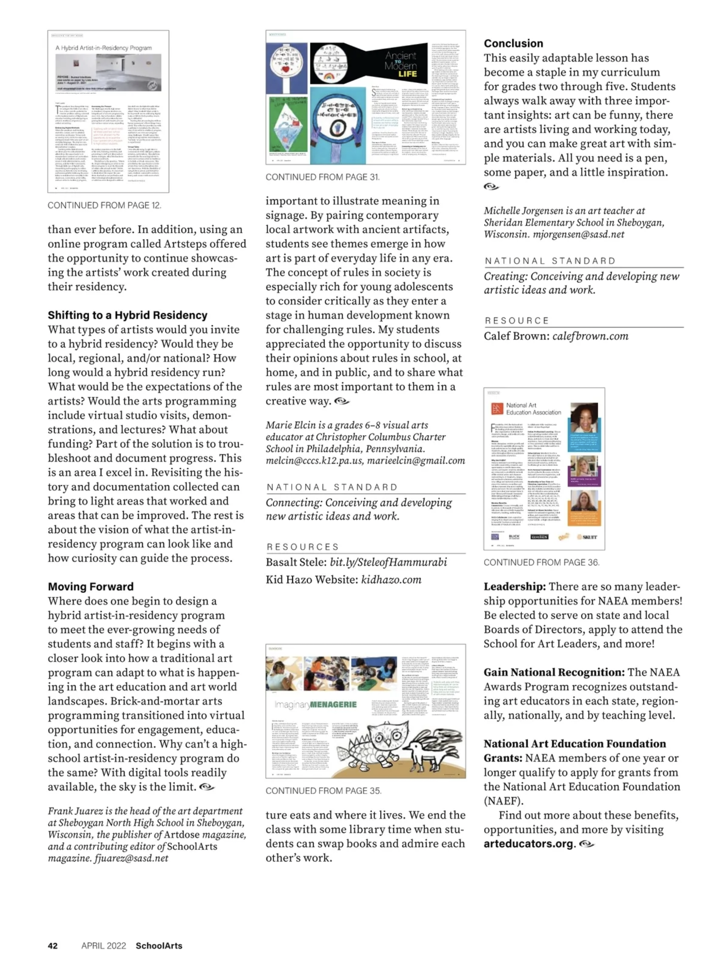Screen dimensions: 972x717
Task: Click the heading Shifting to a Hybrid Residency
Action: [127, 315]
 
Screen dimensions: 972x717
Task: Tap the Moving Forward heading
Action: [91, 587]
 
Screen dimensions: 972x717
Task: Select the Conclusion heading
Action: [513, 44]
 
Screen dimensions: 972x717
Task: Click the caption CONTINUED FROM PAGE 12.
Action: [104, 205]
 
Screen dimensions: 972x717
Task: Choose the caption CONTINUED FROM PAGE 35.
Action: [323, 791]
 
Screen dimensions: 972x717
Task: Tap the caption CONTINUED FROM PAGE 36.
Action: [541, 562]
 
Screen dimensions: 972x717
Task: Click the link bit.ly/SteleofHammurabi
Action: [389, 562]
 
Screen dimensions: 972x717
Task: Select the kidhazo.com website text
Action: [391, 580]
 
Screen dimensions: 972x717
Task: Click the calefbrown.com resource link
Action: [590, 336]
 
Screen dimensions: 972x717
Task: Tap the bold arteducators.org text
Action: [530, 844]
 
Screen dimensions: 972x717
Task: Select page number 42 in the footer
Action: [52, 945]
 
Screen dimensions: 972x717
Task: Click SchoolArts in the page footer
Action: [159, 945]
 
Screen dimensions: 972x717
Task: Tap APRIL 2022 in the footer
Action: [104, 945]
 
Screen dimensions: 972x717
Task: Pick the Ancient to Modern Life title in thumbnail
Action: [401, 64]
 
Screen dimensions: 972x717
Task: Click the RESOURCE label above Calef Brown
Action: [517, 321]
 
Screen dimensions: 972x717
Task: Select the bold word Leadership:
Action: [515, 587]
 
